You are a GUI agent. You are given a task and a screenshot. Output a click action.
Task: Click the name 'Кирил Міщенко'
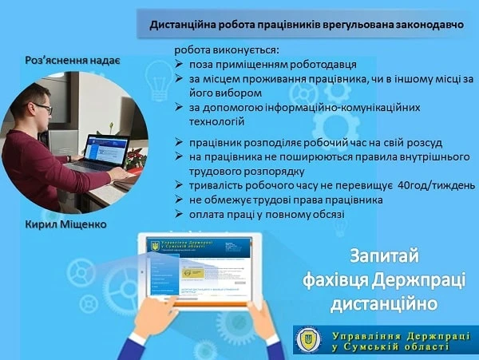(65, 224)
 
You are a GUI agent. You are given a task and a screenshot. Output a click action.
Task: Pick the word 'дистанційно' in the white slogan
(386, 304)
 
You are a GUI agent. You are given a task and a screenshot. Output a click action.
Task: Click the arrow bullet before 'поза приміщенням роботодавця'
(180, 65)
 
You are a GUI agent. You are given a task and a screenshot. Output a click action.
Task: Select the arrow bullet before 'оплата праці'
(180, 215)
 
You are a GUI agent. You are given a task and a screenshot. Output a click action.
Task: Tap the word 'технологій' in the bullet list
(217, 122)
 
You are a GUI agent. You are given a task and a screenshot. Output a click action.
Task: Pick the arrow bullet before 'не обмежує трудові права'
(180, 200)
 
